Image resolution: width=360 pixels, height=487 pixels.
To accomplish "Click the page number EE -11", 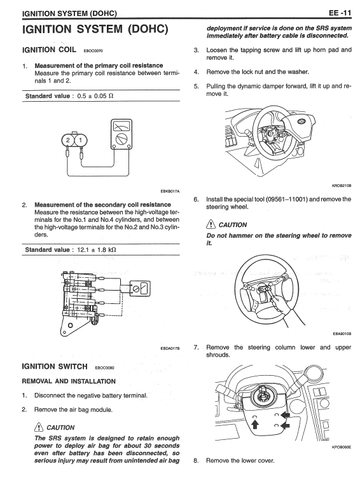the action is (x=340, y=13).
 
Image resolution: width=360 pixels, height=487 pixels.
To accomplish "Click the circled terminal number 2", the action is (x=68, y=141).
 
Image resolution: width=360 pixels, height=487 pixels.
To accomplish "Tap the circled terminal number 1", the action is (x=81, y=141).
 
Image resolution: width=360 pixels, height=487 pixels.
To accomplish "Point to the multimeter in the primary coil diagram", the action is (x=121, y=134).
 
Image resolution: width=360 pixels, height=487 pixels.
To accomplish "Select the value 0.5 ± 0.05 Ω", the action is (x=95, y=96).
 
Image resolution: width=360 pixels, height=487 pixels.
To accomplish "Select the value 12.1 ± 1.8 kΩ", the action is (x=97, y=250).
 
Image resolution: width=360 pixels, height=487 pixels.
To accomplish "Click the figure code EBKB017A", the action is (x=170, y=191).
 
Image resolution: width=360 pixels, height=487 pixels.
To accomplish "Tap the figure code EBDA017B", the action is (x=170, y=348).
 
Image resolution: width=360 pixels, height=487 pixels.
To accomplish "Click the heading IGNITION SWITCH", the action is (x=55, y=366).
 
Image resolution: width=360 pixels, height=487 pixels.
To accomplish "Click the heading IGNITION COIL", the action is (x=49, y=50).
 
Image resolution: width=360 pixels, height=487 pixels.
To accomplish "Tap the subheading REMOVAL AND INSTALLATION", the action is (x=69, y=381).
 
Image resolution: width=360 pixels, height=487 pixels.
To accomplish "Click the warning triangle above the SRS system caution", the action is (x=39, y=427).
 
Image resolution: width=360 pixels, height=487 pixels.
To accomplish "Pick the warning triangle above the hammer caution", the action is (x=211, y=224).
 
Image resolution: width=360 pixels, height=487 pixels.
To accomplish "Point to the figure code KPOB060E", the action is (x=342, y=447).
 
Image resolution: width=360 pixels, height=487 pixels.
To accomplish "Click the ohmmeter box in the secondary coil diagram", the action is (x=140, y=289).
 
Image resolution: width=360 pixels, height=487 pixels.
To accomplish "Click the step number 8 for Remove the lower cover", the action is (x=196, y=460).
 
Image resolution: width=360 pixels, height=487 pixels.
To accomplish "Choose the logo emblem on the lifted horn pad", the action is (x=301, y=122).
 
